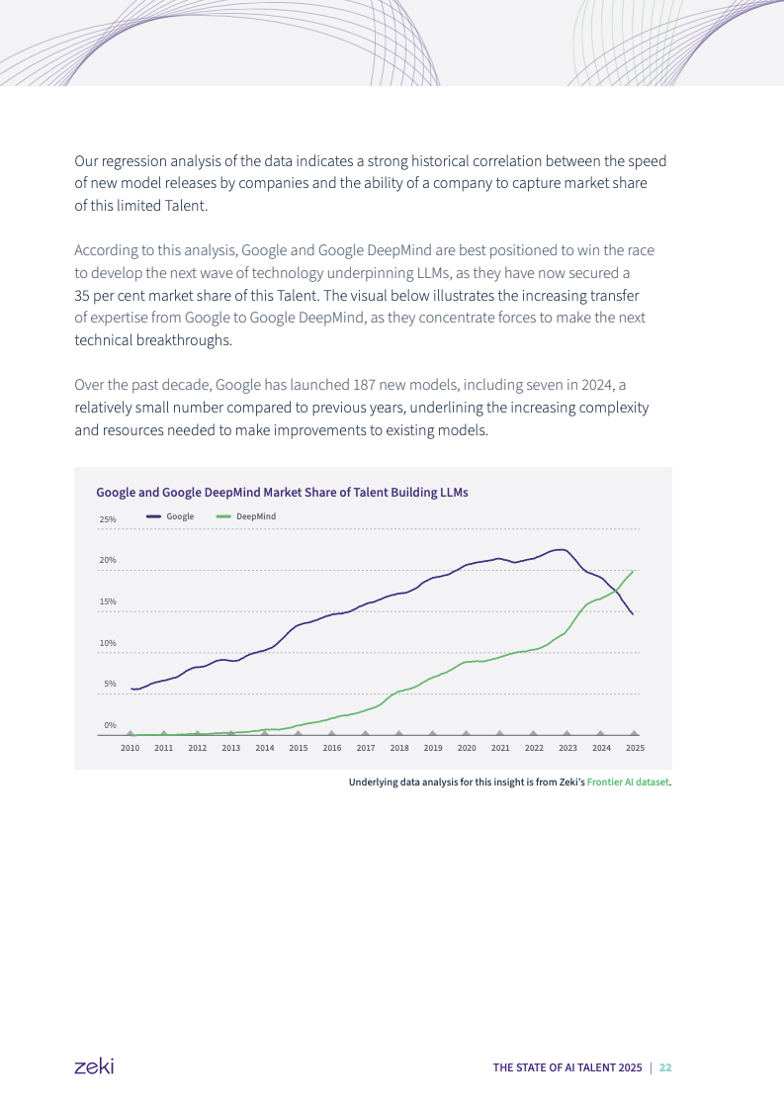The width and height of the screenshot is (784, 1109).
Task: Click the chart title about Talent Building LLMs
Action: pyautogui.click(x=282, y=492)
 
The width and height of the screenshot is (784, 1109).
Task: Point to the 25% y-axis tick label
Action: pyautogui.click(x=108, y=519)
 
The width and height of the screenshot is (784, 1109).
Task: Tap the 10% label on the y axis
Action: pyautogui.click(x=108, y=643)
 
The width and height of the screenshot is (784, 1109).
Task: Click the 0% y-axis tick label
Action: pyautogui.click(x=110, y=725)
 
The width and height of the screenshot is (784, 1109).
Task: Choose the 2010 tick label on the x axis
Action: pyautogui.click(x=130, y=748)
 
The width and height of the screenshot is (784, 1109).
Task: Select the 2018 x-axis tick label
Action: pyautogui.click(x=399, y=748)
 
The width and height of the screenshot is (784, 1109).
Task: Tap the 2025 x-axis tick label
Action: pyautogui.click(x=635, y=748)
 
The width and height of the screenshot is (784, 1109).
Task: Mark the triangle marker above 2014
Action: pyautogui.click(x=265, y=733)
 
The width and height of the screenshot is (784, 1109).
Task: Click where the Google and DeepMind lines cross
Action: pyautogui.click(x=617, y=591)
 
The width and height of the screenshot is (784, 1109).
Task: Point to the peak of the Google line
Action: pyautogui.click(x=561, y=549)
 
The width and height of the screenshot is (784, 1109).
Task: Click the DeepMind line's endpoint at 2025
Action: pyautogui.click(x=633, y=571)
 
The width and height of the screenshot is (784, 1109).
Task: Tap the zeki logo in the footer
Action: pyautogui.click(x=94, y=1065)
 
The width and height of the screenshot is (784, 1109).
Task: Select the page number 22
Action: pyautogui.click(x=665, y=1067)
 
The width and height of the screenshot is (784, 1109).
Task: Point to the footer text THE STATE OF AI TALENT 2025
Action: pyautogui.click(x=567, y=1067)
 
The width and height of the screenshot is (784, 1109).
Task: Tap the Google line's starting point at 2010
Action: pyautogui.click(x=131, y=689)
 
